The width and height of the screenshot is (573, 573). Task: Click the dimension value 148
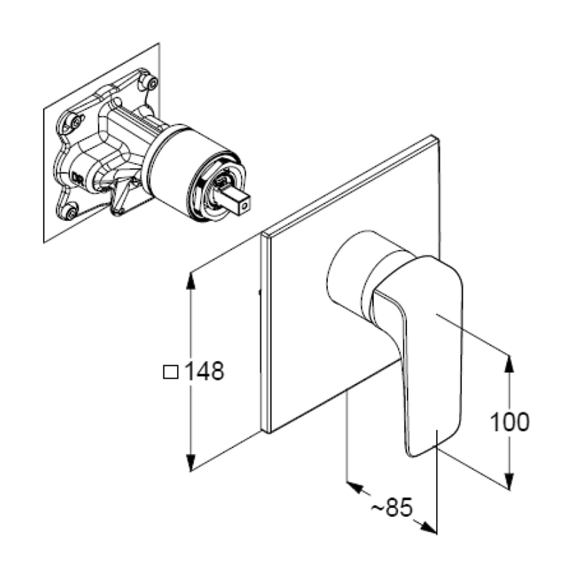tap(205, 371)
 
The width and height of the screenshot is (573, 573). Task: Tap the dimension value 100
tap(509, 422)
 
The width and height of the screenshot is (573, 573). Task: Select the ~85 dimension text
tap(392, 507)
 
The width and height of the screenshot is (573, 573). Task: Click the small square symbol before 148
tap(171, 372)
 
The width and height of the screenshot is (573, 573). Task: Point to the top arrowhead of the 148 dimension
tap(190, 281)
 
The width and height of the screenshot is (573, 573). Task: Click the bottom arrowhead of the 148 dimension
tap(190, 462)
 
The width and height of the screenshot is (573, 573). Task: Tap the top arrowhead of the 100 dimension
tap(509, 363)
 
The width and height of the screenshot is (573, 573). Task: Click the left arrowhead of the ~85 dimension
tap(355, 487)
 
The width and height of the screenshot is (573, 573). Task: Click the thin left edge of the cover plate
tap(265, 332)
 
